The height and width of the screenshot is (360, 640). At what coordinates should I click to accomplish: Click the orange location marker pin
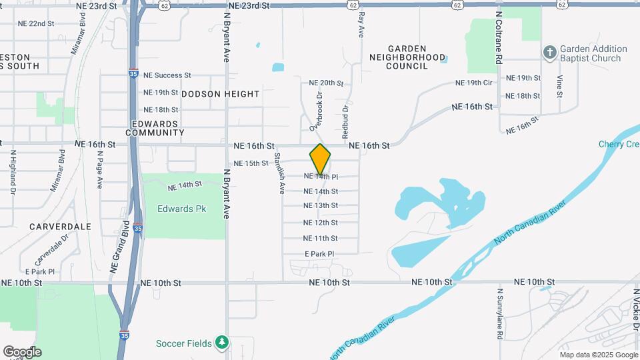(320, 159)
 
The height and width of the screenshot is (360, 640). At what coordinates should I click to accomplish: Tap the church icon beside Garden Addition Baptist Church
(549, 53)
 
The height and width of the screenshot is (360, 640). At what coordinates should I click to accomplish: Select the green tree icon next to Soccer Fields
(222, 343)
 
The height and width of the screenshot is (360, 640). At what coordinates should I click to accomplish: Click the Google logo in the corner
(22, 352)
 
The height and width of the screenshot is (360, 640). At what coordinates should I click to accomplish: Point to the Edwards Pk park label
(181, 209)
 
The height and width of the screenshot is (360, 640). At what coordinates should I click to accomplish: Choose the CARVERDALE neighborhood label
(60, 227)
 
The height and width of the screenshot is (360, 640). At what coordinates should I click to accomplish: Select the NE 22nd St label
(36, 23)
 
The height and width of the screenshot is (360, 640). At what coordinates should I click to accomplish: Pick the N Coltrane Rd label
(499, 37)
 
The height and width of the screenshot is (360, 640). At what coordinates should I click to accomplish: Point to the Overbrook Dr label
(315, 111)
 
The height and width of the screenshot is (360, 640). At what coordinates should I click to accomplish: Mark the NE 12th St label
(320, 223)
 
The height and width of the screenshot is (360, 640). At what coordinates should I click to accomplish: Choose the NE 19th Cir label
(473, 83)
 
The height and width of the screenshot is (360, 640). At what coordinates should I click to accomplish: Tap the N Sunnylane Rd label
(500, 313)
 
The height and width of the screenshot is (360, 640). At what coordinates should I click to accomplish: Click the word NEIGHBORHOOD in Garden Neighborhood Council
(408, 58)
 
